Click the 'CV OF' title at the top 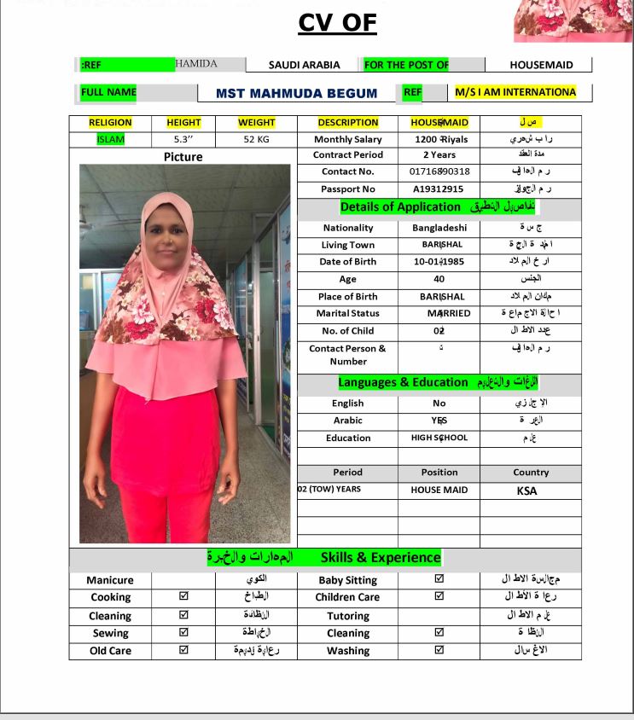pyautogui.click(x=337, y=22)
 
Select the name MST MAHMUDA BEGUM pyautogui.click(x=296, y=93)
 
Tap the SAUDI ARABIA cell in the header pyautogui.click(x=304, y=65)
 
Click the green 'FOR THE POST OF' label pyautogui.click(x=406, y=65)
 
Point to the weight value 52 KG pyautogui.click(x=256, y=139)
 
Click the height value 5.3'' pyautogui.click(x=183, y=139)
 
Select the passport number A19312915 pyautogui.click(x=439, y=189)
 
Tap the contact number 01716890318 pyautogui.click(x=439, y=171)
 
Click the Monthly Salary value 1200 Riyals pyautogui.click(x=439, y=139)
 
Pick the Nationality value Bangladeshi pyautogui.click(x=439, y=228)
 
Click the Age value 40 pyautogui.click(x=439, y=279)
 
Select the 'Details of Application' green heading pyautogui.click(x=400, y=206)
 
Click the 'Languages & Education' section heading pyautogui.click(x=403, y=382)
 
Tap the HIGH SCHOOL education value pyautogui.click(x=439, y=438)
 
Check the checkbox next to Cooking pyautogui.click(x=183, y=597)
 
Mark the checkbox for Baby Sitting pyautogui.click(x=439, y=579)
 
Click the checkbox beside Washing pyautogui.click(x=439, y=650)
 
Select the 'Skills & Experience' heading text pyautogui.click(x=381, y=558)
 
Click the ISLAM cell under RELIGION pyautogui.click(x=110, y=139)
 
